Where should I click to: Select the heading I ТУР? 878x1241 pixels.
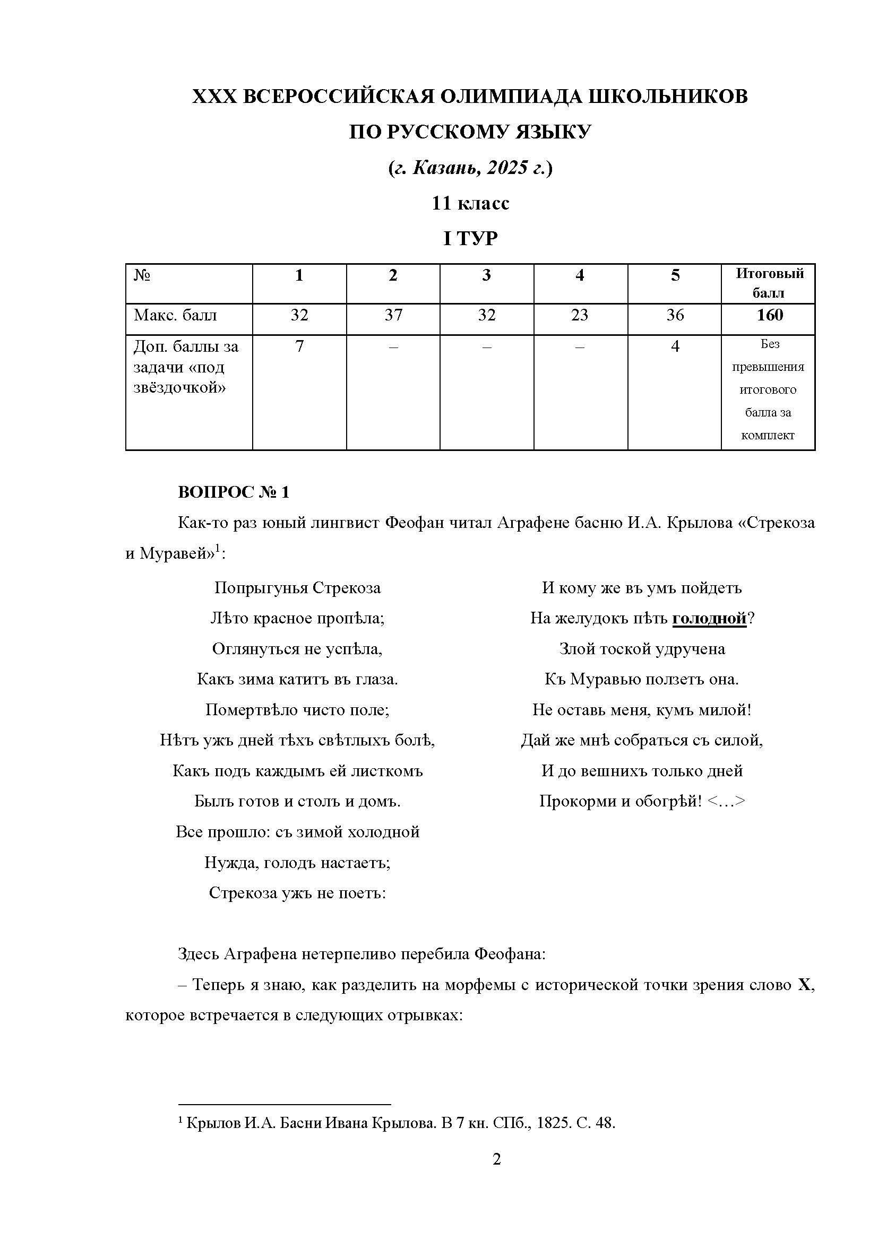(470, 238)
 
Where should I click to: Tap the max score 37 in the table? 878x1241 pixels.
(393, 315)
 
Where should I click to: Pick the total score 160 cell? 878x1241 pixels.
(769, 315)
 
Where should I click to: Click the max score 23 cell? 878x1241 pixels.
(580, 315)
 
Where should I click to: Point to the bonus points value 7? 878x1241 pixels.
(299, 346)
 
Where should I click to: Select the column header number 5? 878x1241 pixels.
(675, 276)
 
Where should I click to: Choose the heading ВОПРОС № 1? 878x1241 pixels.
(234, 492)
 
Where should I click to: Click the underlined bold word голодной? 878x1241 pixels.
(709, 618)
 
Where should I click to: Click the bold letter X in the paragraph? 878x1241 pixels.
(804, 985)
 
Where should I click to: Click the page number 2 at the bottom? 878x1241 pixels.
(496, 1159)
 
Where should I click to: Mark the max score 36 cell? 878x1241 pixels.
(675, 315)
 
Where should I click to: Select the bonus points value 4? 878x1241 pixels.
(675, 346)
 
